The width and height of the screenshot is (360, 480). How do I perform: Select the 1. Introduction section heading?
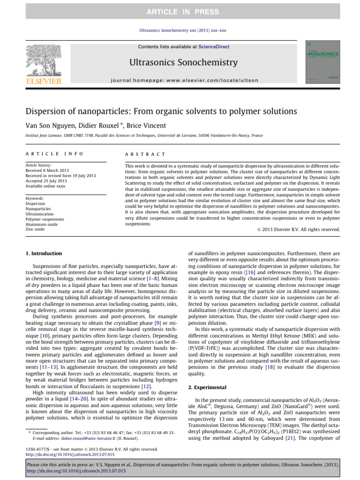pos(43,254)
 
